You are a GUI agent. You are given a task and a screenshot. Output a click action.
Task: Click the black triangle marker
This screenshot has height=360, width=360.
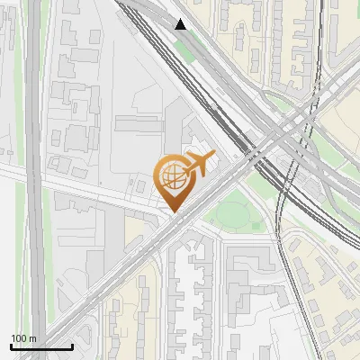(181, 24)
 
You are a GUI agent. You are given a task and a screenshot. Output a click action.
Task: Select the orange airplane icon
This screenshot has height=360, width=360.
(199, 165)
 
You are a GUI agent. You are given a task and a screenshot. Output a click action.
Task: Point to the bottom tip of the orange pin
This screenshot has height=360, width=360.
(173, 212)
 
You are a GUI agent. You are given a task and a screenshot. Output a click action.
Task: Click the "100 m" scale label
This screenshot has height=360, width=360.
(23, 338)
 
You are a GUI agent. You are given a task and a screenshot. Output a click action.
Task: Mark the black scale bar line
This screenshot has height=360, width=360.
(41, 346)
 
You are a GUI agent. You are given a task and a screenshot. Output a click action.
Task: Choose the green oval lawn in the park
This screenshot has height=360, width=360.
(234, 214)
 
